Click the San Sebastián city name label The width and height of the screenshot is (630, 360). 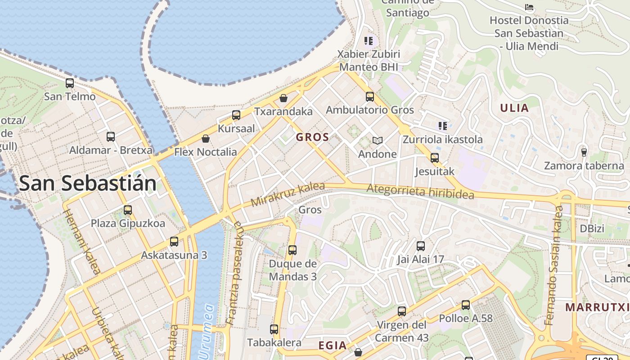pos(88,183)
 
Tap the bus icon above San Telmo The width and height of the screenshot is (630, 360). pos(70,83)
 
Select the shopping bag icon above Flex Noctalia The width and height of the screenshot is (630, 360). pos(206,139)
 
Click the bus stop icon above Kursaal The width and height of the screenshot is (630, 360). pos(236,115)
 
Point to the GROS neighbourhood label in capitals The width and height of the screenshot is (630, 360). pos(313,137)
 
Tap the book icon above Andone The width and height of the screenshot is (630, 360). pos(378,141)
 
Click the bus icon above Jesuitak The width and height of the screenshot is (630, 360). pos(435,158)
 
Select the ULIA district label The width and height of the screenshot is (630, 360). pos(514,108)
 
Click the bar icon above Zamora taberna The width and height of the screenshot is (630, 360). pos(584,152)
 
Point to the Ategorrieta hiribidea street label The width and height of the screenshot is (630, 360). pos(420,191)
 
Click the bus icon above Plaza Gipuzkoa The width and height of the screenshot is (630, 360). pos(128,210)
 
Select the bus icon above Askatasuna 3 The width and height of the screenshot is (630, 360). pos(174,242)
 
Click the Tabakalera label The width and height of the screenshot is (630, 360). pos(274,342)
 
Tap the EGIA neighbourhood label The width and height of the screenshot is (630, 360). pos(333,346)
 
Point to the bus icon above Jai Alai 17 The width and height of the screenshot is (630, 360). pos(421,246)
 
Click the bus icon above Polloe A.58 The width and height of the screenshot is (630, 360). pos(466,305)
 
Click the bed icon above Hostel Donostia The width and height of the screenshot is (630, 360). pos(529,7)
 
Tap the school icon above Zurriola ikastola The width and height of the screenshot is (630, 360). pos(443,126)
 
